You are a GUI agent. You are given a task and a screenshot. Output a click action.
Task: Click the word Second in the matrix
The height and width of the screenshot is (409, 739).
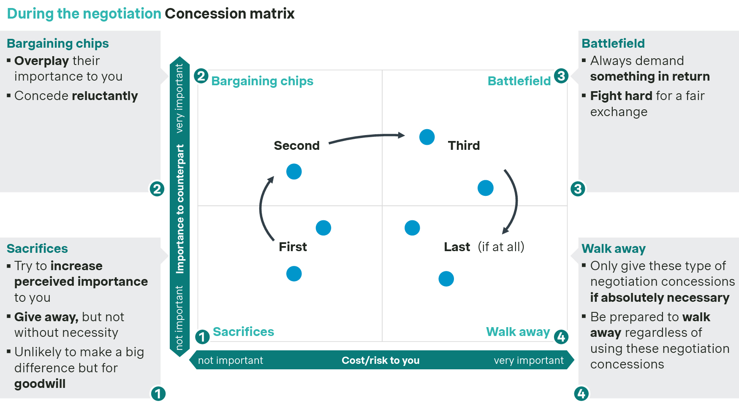coord(296,146)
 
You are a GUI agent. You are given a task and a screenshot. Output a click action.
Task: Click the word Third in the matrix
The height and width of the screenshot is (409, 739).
coord(464,146)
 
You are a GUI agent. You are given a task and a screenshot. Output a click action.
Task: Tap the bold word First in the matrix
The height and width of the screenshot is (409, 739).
coord(293,247)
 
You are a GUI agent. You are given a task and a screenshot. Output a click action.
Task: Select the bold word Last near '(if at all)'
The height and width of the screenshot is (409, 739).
coord(456,247)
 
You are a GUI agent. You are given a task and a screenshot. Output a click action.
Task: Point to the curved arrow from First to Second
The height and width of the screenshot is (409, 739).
coord(261,207)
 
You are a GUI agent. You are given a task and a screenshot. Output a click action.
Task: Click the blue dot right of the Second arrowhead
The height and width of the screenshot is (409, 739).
coord(427,137)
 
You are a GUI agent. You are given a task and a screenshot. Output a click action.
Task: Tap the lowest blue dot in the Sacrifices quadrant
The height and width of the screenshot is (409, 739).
coord(294,274)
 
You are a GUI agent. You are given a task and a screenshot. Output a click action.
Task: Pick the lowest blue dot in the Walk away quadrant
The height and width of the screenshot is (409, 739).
coord(446,279)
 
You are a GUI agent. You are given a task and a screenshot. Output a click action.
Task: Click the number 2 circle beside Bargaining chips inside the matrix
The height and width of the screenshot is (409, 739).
coord(201,76)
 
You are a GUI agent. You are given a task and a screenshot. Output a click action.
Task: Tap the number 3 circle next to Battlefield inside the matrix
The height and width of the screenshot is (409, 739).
coord(561,76)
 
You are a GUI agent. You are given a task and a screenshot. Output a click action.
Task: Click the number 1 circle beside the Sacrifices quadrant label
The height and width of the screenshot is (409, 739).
coord(202,337)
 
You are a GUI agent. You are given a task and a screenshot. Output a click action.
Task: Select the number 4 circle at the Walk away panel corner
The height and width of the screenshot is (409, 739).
coord(581,394)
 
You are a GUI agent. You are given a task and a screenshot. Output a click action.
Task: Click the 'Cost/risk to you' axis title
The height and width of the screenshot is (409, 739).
coord(380,360)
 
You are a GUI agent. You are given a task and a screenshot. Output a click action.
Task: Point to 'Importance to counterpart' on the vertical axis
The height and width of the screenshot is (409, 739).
coord(180,209)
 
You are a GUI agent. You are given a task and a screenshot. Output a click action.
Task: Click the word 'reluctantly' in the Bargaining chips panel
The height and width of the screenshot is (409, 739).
coord(105,96)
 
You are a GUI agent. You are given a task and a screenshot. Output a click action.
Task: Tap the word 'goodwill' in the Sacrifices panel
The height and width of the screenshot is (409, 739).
coord(40,384)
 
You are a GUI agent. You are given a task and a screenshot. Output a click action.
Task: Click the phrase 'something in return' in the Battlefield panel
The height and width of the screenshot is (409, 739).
coord(649,77)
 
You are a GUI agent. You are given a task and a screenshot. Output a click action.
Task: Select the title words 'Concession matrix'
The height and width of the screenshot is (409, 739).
coord(229,14)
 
